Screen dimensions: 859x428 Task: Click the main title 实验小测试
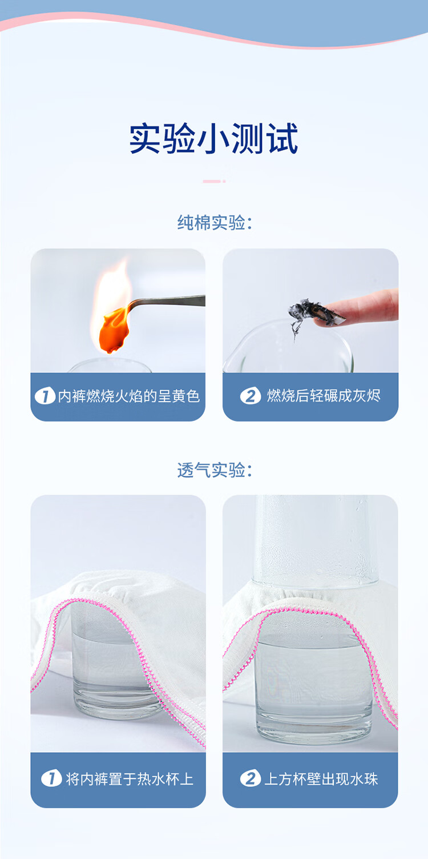point(214,139)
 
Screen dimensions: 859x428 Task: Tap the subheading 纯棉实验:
point(215,222)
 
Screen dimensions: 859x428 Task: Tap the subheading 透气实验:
point(215,470)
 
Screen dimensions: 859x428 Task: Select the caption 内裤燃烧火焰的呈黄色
point(129,396)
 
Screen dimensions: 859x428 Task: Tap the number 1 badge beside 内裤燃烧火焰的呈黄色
point(45,396)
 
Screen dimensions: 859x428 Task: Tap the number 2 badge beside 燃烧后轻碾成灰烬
point(250,396)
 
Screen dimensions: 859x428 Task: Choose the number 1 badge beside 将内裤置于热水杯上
point(51,778)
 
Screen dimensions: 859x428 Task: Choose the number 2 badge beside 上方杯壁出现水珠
point(250,778)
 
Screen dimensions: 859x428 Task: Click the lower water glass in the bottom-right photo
point(314,685)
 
